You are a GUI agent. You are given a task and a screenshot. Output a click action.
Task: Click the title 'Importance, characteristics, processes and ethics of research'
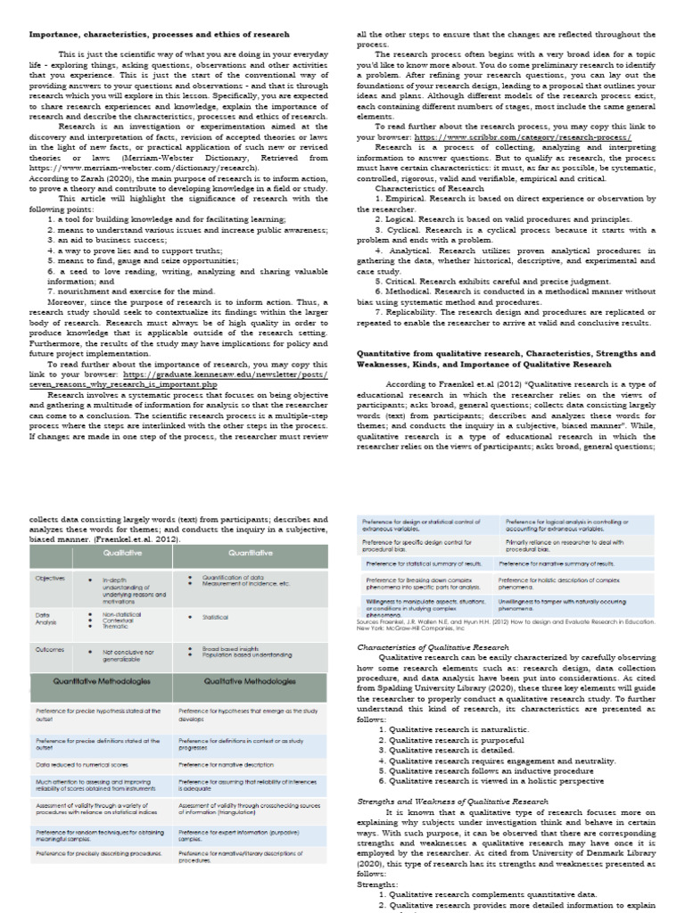(159, 34)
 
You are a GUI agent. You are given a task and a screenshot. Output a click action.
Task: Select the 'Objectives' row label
(50, 578)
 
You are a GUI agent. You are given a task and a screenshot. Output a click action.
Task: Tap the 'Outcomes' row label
(50, 648)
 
